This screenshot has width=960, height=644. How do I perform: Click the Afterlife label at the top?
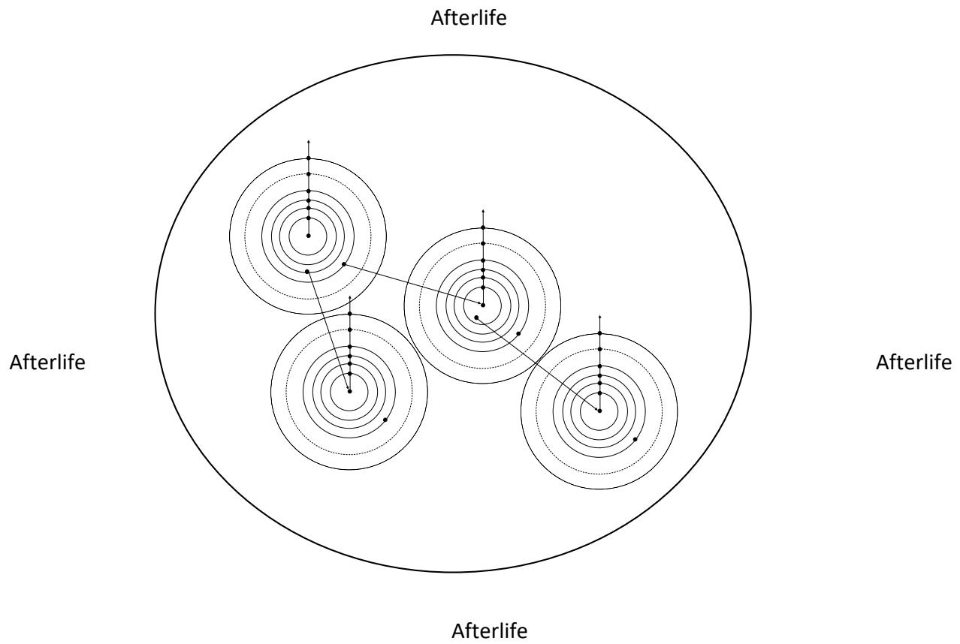(x=469, y=18)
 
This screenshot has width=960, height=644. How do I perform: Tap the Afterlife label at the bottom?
(x=490, y=630)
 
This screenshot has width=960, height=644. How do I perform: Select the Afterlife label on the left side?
(x=47, y=363)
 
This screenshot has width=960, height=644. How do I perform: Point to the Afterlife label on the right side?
(x=913, y=363)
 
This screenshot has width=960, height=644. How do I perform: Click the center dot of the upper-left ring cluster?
(x=308, y=236)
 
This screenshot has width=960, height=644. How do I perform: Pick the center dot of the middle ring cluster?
(x=483, y=305)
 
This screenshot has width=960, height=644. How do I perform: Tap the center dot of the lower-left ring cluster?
(x=350, y=391)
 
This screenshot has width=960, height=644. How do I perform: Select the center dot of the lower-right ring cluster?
(x=599, y=411)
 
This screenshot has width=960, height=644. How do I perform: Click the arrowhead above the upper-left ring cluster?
(x=308, y=141)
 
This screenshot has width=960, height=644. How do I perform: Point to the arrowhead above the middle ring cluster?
(x=483, y=211)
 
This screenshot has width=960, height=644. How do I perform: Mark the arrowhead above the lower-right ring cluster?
(x=599, y=317)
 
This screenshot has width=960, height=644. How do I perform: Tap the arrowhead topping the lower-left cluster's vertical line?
(x=350, y=297)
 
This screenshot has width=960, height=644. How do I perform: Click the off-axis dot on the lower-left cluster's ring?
(x=385, y=420)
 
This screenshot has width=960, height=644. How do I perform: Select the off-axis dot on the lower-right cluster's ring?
(x=635, y=439)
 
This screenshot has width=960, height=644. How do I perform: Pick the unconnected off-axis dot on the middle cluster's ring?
(x=518, y=333)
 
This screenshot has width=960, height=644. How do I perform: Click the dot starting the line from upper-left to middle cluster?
(x=344, y=264)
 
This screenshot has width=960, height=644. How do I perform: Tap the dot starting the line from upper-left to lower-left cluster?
(x=307, y=272)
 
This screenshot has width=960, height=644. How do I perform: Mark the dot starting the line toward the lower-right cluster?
(x=476, y=317)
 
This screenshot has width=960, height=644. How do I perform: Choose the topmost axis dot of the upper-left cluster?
(x=308, y=158)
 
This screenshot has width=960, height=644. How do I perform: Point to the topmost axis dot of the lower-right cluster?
(x=599, y=333)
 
